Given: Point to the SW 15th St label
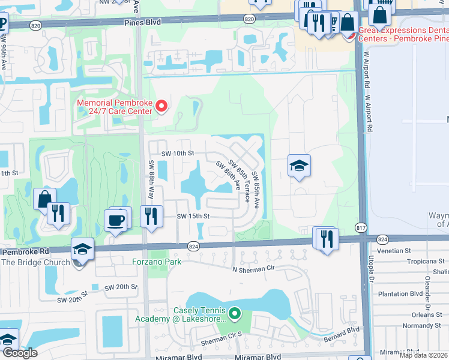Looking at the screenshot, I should pyautogui.click(x=193, y=216).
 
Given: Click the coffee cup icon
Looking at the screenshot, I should pyautogui.click(x=116, y=220).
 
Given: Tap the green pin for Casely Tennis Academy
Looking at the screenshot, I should pyautogui.click(x=235, y=313).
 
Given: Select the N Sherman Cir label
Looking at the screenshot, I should pyautogui.click(x=256, y=270).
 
